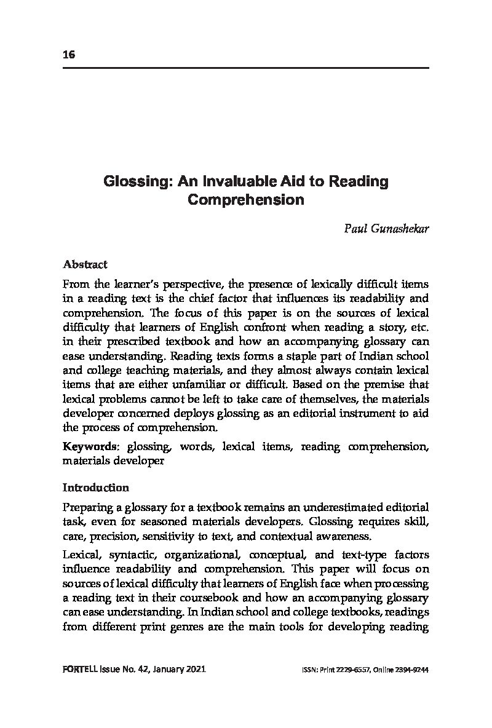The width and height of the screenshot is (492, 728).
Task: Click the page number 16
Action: (x=68, y=54)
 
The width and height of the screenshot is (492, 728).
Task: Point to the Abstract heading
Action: (x=85, y=264)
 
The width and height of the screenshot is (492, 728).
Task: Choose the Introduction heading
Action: (x=95, y=488)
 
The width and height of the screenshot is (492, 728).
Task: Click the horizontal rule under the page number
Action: (x=246, y=67)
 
